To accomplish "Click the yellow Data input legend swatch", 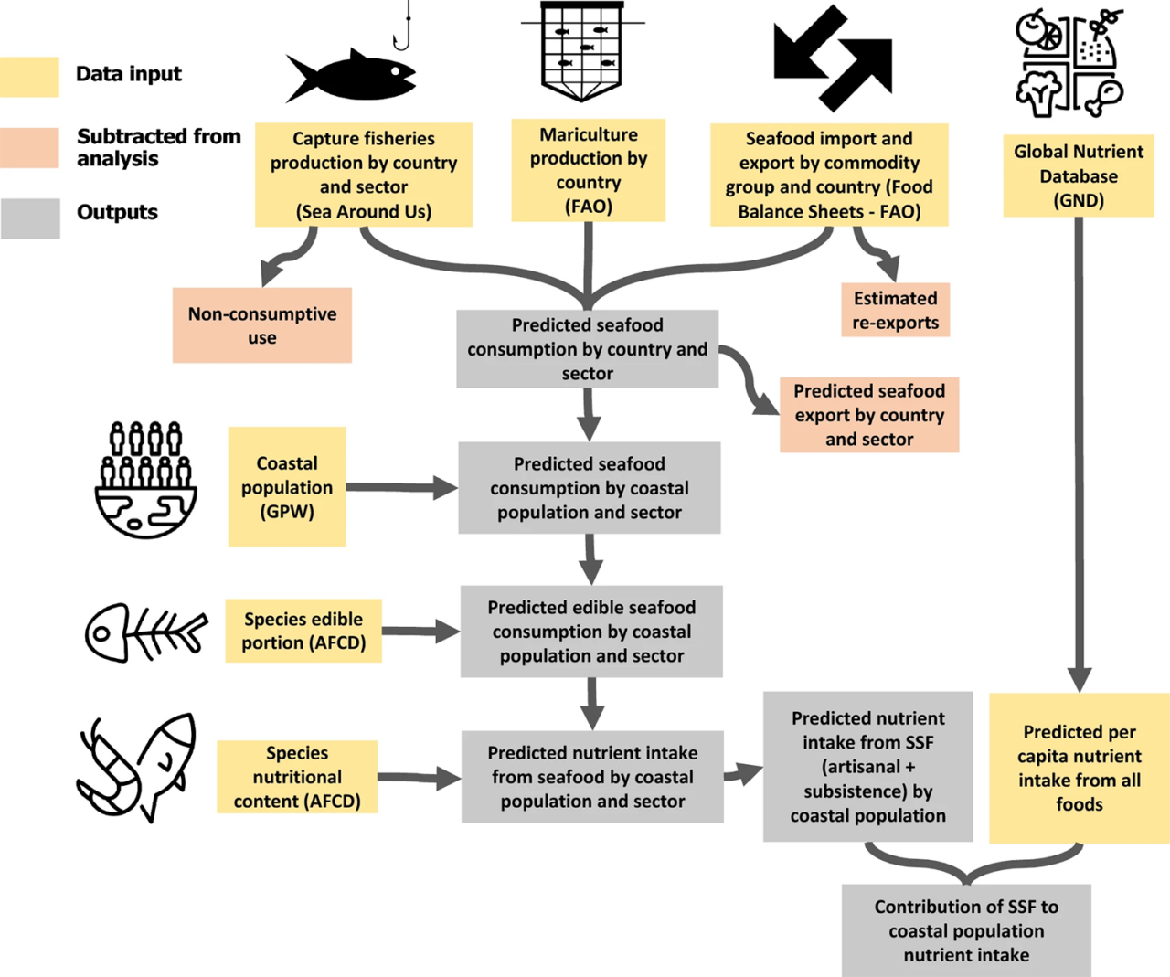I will [x=29, y=77].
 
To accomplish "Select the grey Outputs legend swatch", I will [x=29, y=218].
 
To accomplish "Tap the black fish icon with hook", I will [x=353, y=73].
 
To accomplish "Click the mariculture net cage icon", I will [x=581, y=51].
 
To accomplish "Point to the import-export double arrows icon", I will [x=832, y=57].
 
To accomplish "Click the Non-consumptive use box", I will [x=262, y=325].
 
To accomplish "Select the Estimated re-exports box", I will [x=895, y=310].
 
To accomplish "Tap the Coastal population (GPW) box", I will [x=287, y=487].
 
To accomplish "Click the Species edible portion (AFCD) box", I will [x=303, y=631].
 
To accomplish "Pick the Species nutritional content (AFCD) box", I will [x=297, y=777].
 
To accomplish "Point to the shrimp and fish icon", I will [x=137, y=768].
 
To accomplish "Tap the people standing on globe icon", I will [x=146, y=480].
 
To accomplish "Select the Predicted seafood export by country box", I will [x=869, y=415].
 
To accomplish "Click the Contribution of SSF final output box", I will [x=966, y=930].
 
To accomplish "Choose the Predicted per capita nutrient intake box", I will [x=1080, y=768].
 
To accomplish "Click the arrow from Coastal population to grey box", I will [x=400, y=488].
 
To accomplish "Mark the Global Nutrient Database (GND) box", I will [x=1079, y=175].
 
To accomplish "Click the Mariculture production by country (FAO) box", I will [x=589, y=170].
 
